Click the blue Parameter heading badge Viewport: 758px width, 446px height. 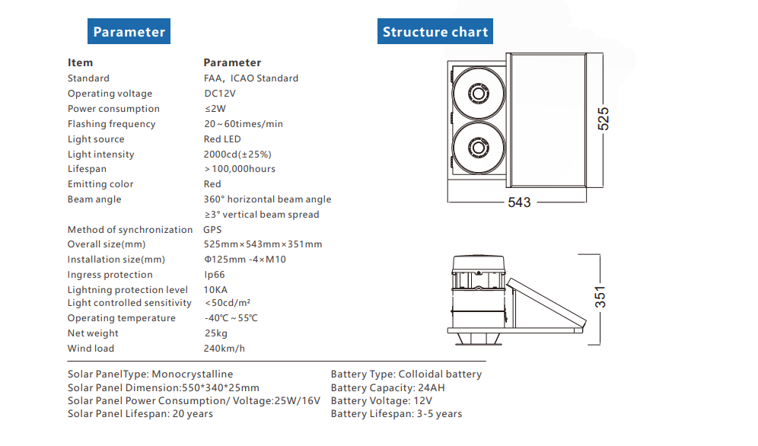coord(129,32)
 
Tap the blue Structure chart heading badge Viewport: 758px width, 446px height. coord(435,32)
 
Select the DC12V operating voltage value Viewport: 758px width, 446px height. coord(220,94)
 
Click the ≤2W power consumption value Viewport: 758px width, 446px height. coord(215,109)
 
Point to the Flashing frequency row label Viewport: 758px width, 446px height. coord(111,124)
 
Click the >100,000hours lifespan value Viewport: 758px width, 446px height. coord(240,169)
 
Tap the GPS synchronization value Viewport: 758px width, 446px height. coord(212,230)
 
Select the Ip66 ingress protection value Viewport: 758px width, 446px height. coord(216,275)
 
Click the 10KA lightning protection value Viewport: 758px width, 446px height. coord(215,290)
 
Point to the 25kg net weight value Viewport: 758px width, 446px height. coord(216,333)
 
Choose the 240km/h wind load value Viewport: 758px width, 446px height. coord(225,349)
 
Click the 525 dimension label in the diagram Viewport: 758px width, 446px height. coord(603,119)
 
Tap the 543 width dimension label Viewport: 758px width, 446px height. coord(519,202)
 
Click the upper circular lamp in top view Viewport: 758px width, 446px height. coord(478,94)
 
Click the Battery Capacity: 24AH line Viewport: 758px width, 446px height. coord(388,388)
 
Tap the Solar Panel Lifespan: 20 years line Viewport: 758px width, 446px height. coord(140,414)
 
